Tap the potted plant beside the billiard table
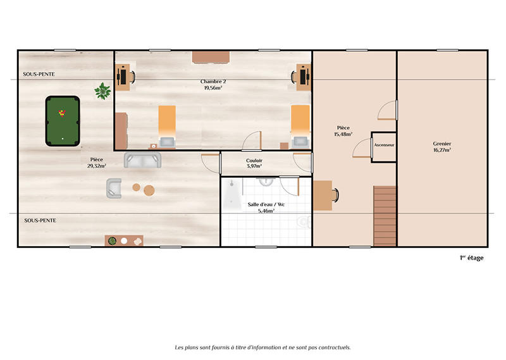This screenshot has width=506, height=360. point(102,91)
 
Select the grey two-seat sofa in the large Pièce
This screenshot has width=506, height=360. point(142,160)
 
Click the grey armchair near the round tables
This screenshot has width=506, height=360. point(114,188)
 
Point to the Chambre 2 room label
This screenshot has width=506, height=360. point(213,82)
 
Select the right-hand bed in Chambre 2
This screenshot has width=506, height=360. point(300,125)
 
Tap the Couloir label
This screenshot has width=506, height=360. point(254,161)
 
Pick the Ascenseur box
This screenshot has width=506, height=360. point(384,146)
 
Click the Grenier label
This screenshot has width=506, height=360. point(442,144)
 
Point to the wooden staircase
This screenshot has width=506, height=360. point(385,216)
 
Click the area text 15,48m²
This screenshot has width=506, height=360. point(343,134)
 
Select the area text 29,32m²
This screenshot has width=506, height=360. point(97,166)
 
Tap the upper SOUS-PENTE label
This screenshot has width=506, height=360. point(39,75)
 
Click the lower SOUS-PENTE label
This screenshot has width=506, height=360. point(40,220)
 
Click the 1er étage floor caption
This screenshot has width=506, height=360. point(471,258)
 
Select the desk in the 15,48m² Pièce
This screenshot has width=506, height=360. point(323,196)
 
